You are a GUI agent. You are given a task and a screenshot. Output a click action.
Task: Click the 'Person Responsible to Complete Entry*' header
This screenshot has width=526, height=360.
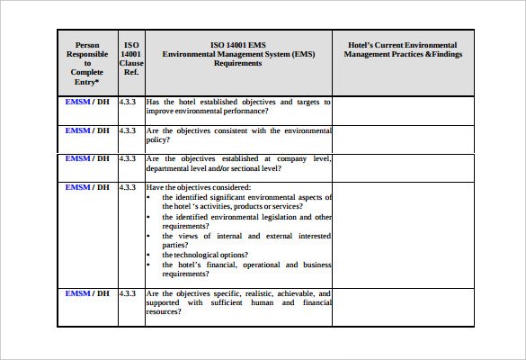coord(87,64)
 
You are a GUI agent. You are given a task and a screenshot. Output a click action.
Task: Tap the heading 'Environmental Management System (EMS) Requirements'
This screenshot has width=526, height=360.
coord(238,58)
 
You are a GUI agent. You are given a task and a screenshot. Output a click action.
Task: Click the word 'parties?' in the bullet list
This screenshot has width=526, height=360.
coord(175,244)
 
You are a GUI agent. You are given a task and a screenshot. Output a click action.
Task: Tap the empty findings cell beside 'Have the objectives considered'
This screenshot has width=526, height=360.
coord(402,232)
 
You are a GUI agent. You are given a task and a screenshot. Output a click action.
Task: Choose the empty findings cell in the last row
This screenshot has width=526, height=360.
coord(402,306)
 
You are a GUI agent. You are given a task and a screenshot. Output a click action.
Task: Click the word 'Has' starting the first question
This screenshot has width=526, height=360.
coord(153,102)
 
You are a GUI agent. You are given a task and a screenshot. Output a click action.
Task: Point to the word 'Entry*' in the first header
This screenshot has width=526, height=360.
coord(87,83)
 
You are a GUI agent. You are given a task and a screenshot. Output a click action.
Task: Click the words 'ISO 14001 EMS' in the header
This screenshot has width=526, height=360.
coord(238,44)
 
